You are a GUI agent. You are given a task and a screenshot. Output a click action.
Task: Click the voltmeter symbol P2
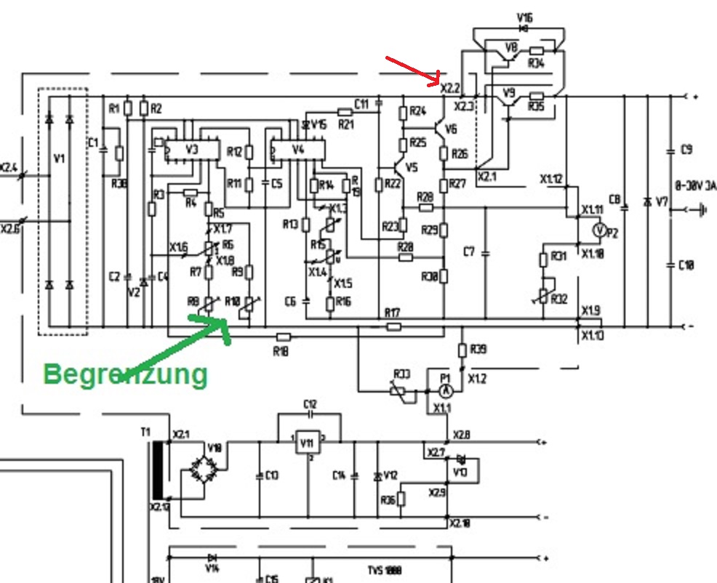tap(598, 230)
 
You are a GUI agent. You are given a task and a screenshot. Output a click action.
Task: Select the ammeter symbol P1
tap(446, 391)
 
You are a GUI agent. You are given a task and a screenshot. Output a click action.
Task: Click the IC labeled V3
tap(192, 150)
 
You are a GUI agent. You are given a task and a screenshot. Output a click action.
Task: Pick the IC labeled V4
tap(297, 150)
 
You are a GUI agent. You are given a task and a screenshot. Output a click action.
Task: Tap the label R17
tap(393, 313)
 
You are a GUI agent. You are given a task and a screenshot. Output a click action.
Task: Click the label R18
tap(281, 350)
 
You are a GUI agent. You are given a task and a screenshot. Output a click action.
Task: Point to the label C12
tap(310, 403)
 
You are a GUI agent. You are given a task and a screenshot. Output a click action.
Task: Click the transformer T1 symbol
tap(158, 469)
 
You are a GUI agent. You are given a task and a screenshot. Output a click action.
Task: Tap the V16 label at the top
tap(524, 15)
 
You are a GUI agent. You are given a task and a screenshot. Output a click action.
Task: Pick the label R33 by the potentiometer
tap(402, 374)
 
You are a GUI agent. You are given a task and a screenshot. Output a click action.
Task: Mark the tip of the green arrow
tap(227, 321)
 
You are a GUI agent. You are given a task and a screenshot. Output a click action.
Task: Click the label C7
tap(470, 252)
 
